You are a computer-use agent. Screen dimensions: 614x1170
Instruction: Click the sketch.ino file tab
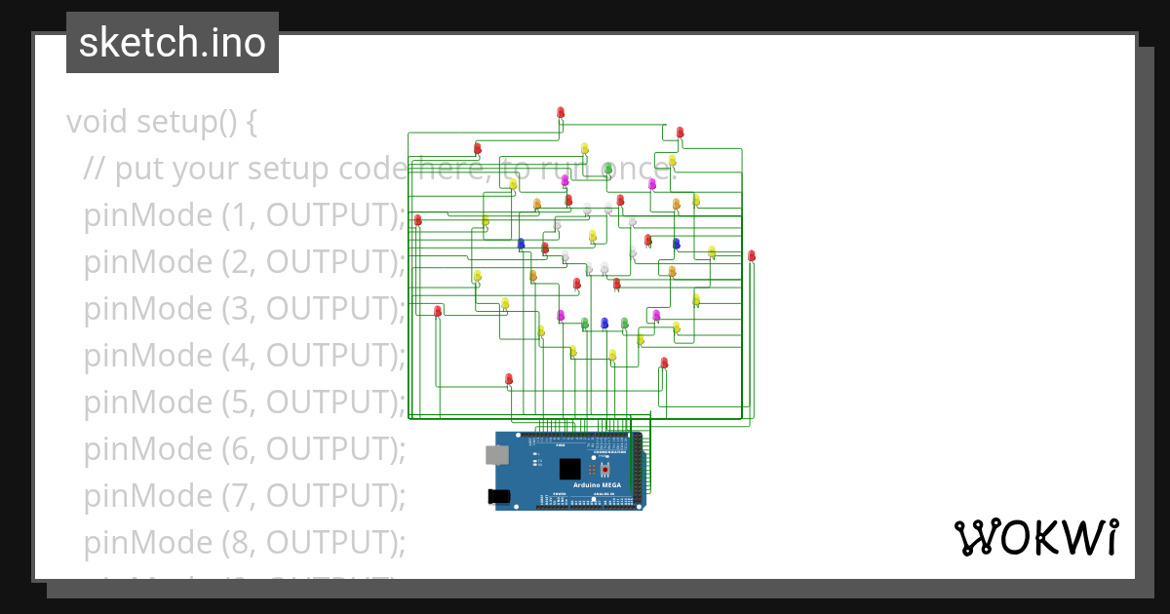173,43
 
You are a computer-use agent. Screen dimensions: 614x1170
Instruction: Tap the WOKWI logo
1034,538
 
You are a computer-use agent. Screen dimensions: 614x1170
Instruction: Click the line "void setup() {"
162,123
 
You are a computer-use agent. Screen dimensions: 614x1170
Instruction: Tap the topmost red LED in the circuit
561,113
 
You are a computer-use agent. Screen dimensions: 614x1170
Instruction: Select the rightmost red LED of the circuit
752,255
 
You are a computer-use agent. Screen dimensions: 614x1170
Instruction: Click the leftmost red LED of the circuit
418,220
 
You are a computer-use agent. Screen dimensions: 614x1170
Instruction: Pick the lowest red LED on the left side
509,378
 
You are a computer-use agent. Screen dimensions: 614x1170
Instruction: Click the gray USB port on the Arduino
496,454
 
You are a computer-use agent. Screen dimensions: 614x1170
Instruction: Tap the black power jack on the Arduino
499,497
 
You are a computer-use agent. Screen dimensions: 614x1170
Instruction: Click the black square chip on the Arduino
570,469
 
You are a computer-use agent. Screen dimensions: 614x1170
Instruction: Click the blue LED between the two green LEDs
604,323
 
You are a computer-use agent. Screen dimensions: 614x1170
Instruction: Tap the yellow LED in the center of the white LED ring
592,236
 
